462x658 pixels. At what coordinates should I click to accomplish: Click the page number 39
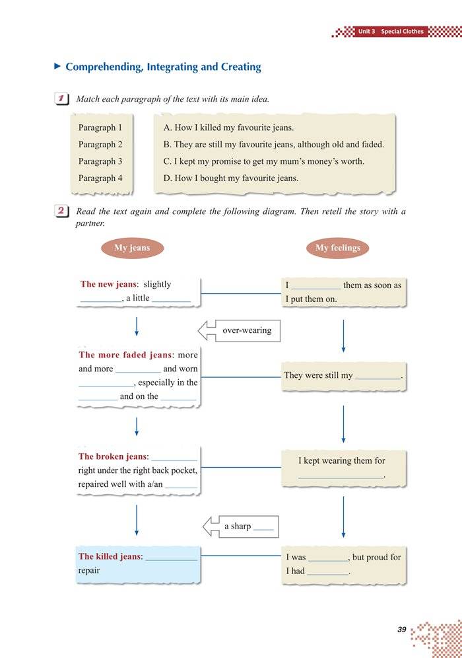tap(402, 630)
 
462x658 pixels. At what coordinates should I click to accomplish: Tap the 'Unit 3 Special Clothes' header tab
tap(390, 31)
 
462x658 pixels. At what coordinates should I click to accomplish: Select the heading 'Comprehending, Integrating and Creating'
tap(163, 67)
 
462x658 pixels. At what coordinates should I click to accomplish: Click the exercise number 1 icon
tap(63, 99)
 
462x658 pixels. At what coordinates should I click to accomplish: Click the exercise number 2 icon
tap(63, 211)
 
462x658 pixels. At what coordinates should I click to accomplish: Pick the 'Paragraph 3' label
tap(100, 161)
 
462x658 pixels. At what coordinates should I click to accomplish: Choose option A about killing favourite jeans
tap(228, 128)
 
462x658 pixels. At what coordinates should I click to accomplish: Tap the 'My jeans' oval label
tap(132, 248)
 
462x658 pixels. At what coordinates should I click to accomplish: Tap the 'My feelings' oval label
tap(338, 248)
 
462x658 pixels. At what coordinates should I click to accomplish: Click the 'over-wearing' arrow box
tap(240, 330)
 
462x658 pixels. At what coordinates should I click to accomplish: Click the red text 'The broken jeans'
tap(114, 457)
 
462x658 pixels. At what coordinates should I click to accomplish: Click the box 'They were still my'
tap(343, 375)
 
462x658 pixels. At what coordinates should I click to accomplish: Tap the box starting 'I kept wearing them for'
tap(342, 468)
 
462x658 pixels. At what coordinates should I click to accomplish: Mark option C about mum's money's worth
tap(263, 161)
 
